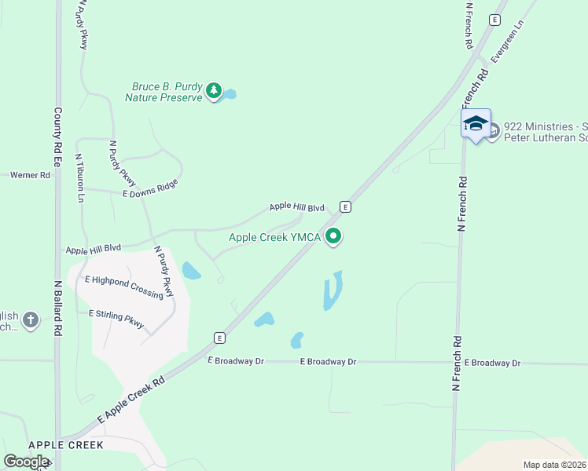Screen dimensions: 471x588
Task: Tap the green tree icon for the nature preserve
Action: click(x=213, y=92)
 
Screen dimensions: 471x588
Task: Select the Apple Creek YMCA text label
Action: click(x=274, y=237)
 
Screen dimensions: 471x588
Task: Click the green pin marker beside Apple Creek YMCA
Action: click(x=334, y=235)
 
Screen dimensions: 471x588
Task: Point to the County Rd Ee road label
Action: click(x=57, y=137)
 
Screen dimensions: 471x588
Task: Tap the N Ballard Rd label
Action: click(x=57, y=309)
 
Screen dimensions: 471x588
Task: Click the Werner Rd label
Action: click(x=30, y=175)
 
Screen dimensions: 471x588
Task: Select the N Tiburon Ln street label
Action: click(x=80, y=177)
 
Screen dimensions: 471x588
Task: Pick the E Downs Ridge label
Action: click(x=150, y=188)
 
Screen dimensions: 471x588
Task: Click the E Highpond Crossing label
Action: click(x=124, y=287)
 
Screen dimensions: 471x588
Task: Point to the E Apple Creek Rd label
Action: click(x=130, y=400)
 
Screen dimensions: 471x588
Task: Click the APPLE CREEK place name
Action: click(x=66, y=445)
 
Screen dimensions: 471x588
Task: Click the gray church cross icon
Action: click(x=30, y=319)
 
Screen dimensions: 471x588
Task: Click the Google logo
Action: click(x=26, y=462)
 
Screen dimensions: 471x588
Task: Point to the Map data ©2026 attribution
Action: click(x=554, y=465)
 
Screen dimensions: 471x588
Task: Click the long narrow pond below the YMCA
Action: click(x=333, y=290)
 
